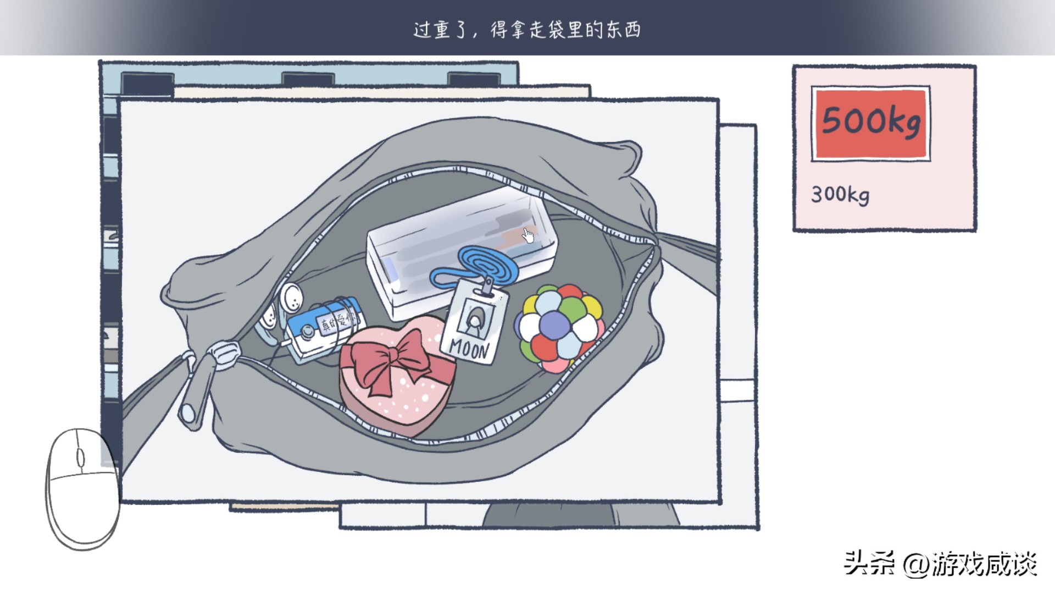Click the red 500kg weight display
870,123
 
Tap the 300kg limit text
840,194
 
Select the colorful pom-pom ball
559,328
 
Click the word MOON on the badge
469,348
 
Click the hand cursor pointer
528,235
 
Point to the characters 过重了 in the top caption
440,29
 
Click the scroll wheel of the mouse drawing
80,458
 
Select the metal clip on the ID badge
487,287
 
